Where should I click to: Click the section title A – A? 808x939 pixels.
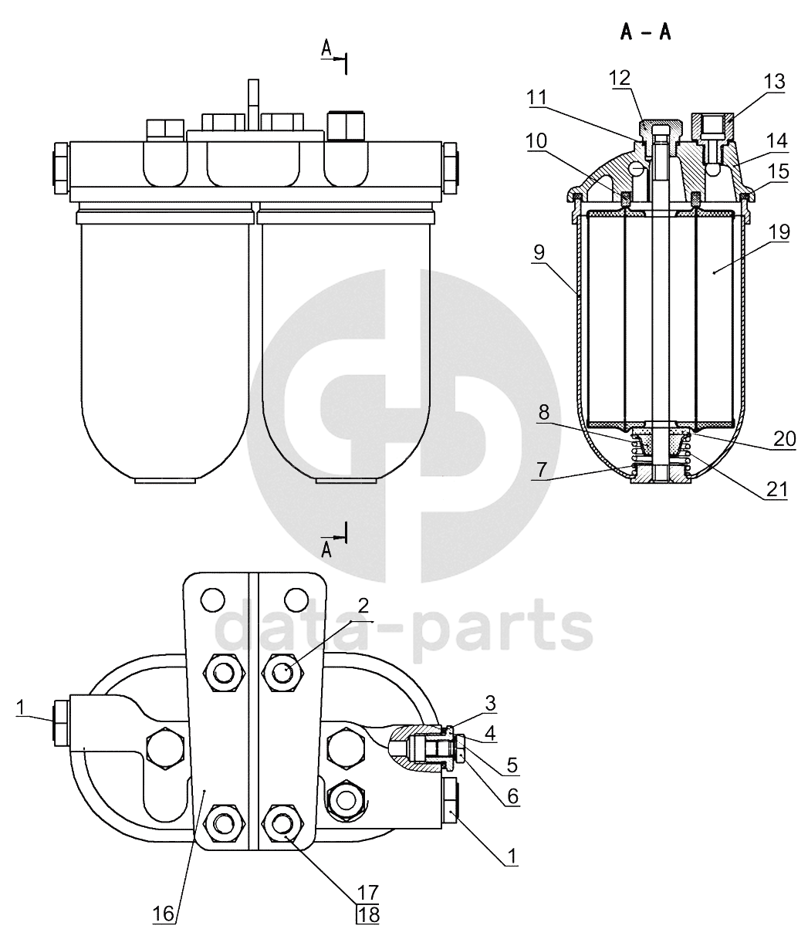pyautogui.click(x=645, y=32)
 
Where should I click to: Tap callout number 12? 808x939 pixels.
pyautogui.click(x=620, y=78)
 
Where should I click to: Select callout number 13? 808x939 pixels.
pyautogui.click(x=774, y=82)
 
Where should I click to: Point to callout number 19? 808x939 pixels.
pyautogui.click(x=779, y=232)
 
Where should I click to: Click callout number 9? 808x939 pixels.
pyautogui.click(x=539, y=252)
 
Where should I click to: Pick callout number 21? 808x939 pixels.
pyautogui.click(x=776, y=489)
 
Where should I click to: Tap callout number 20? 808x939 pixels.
pyautogui.click(x=785, y=439)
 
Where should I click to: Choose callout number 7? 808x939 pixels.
pyautogui.click(x=541, y=469)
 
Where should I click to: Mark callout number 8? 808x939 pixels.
pyautogui.click(x=543, y=413)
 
